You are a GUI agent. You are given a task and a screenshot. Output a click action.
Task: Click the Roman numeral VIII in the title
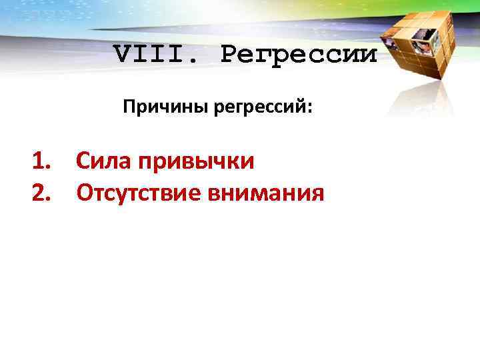click(153, 53)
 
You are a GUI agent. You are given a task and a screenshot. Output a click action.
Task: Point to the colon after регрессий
click(309, 108)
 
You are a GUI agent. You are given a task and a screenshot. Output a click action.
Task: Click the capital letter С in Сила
click(83, 161)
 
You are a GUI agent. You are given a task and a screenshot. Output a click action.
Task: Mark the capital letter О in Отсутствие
click(85, 193)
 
